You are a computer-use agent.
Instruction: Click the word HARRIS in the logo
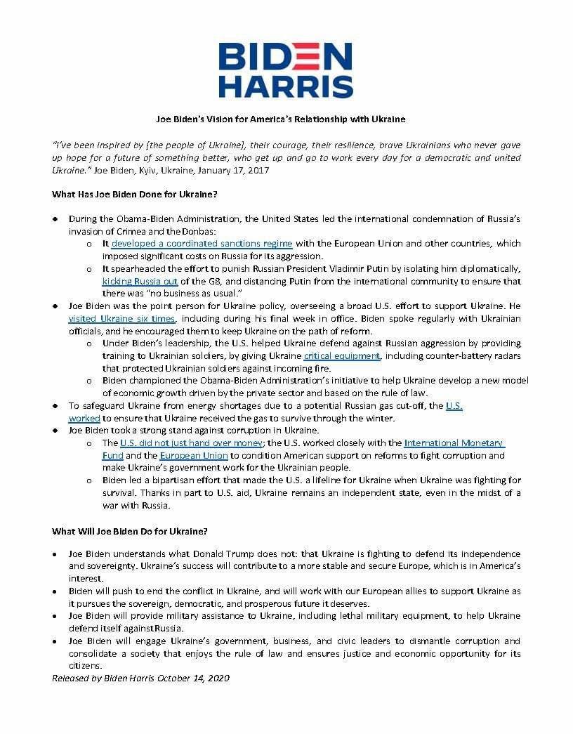coord(286,86)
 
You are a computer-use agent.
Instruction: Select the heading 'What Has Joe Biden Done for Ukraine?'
coord(130,194)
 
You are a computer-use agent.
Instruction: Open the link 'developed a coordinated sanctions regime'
coord(202,244)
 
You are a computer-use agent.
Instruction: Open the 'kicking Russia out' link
coord(140,282)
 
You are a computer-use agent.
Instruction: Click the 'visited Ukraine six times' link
coord(121,319)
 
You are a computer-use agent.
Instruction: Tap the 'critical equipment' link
coord(342,356)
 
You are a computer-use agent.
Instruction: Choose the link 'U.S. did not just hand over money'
coord(192,443)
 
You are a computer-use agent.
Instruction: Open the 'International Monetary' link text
coord(454,443)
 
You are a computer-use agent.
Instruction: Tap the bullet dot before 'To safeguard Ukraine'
coord(55,406)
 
